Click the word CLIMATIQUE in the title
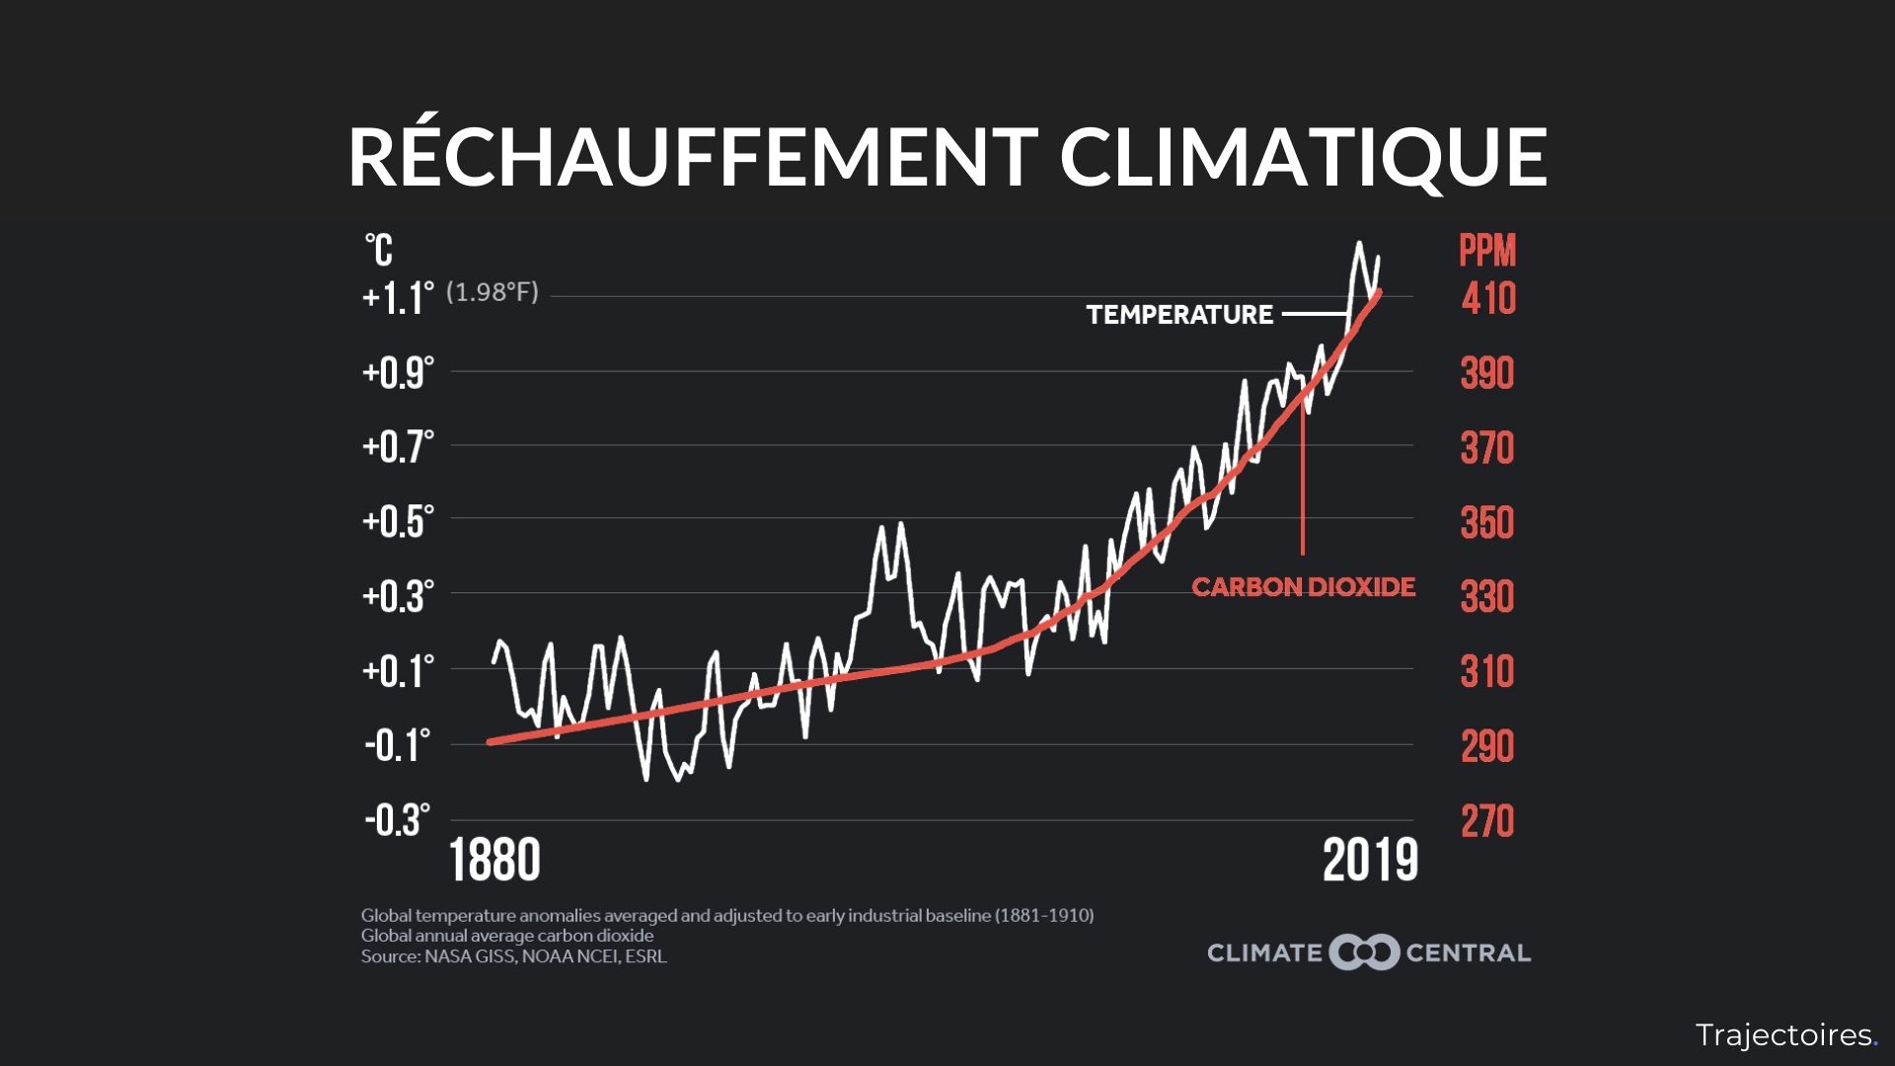[x=1303, y=157]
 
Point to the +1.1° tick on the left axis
[x=398, y=297]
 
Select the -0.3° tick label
[x=398, y=820]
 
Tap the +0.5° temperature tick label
[x=398, y=521]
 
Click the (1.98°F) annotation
[x=493, y=293]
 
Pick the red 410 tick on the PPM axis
[x=1488, y=298]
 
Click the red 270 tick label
[x=1486, y=821]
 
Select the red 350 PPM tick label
[x=1486, y=522]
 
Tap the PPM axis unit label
[x=1487, y=252]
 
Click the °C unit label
[x=379, y=251]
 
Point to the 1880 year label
[x=495, y=861]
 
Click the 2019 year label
[x=1370, y=861]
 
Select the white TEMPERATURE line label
[x=1179, y=315]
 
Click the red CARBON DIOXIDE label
[x=1303, y=587]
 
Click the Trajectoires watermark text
[x=1783, y=1035]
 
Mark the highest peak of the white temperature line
[x=1359, y=243]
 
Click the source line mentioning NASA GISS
[x=513, y=956]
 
